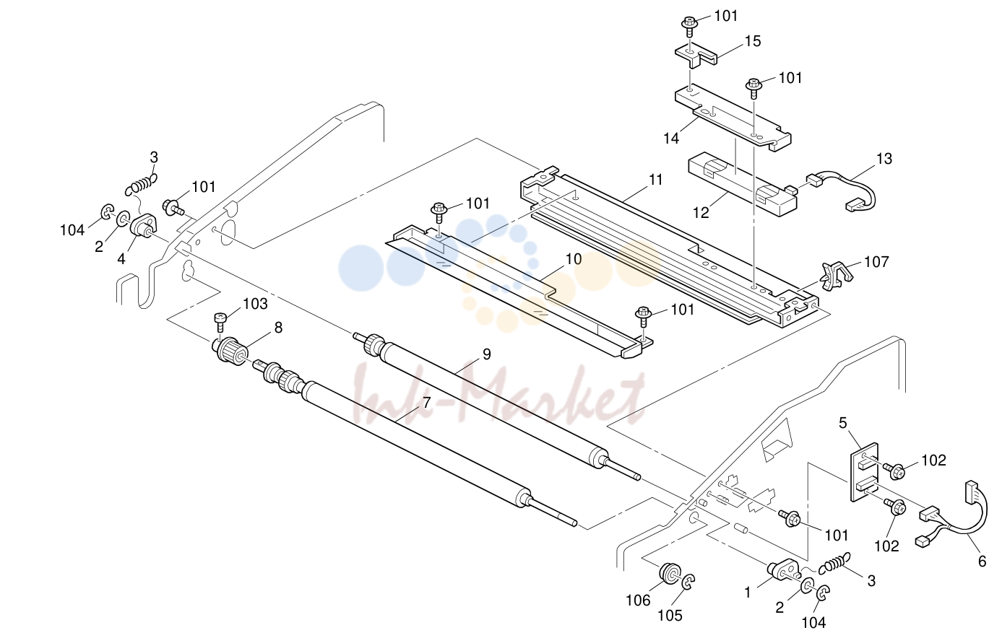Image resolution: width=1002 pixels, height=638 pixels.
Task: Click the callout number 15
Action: coord(753,41)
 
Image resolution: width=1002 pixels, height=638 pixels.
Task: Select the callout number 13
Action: coord(884,159)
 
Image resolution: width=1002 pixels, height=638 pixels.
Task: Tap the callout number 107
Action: coord(877,262)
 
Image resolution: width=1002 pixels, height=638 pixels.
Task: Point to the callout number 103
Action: coord(255,304)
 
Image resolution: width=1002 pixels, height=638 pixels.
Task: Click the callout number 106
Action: coord(639,601)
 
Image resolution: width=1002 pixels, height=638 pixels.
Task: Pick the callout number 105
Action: coord(670,616)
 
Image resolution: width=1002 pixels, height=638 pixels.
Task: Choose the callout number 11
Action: coord(655,180)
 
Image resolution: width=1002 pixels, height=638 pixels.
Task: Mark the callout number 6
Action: coord(982,561)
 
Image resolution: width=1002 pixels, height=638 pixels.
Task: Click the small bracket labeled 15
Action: coord(695,57)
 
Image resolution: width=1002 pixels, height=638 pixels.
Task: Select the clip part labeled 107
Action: coord(834,276)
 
